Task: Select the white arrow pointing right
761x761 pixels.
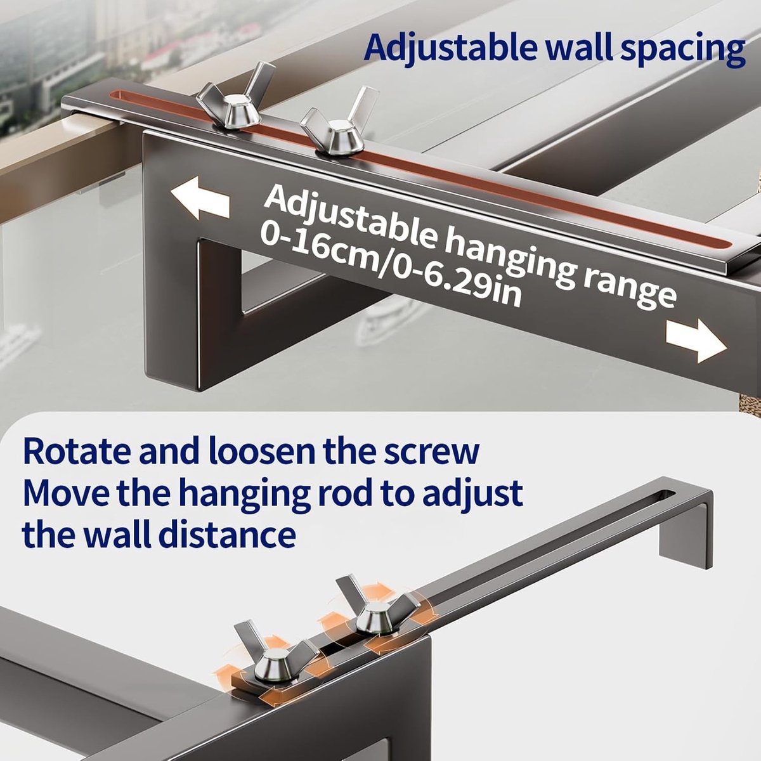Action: point(696,341)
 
